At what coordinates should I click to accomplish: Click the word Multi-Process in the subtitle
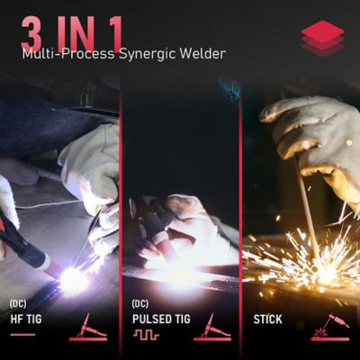(x=64, y=54)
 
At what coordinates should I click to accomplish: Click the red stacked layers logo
(x=322, y=38)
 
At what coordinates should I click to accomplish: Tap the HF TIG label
(x=27, y=319)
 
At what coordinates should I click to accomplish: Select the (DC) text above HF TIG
(x=17, y=303)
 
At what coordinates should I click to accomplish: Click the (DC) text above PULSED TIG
(x=139, y=303)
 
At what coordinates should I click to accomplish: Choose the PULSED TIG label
(x=162, y=319)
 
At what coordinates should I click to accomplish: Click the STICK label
(x=267, y=319)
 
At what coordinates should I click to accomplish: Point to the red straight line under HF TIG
(x=22, y=335)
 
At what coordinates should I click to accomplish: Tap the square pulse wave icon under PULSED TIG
(x=146, y=335)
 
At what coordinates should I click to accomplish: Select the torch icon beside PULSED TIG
(x=212, y=327)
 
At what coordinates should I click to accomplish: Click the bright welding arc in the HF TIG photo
(x=72, y=279)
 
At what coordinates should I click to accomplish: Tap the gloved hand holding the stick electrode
(x=310, y=135)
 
